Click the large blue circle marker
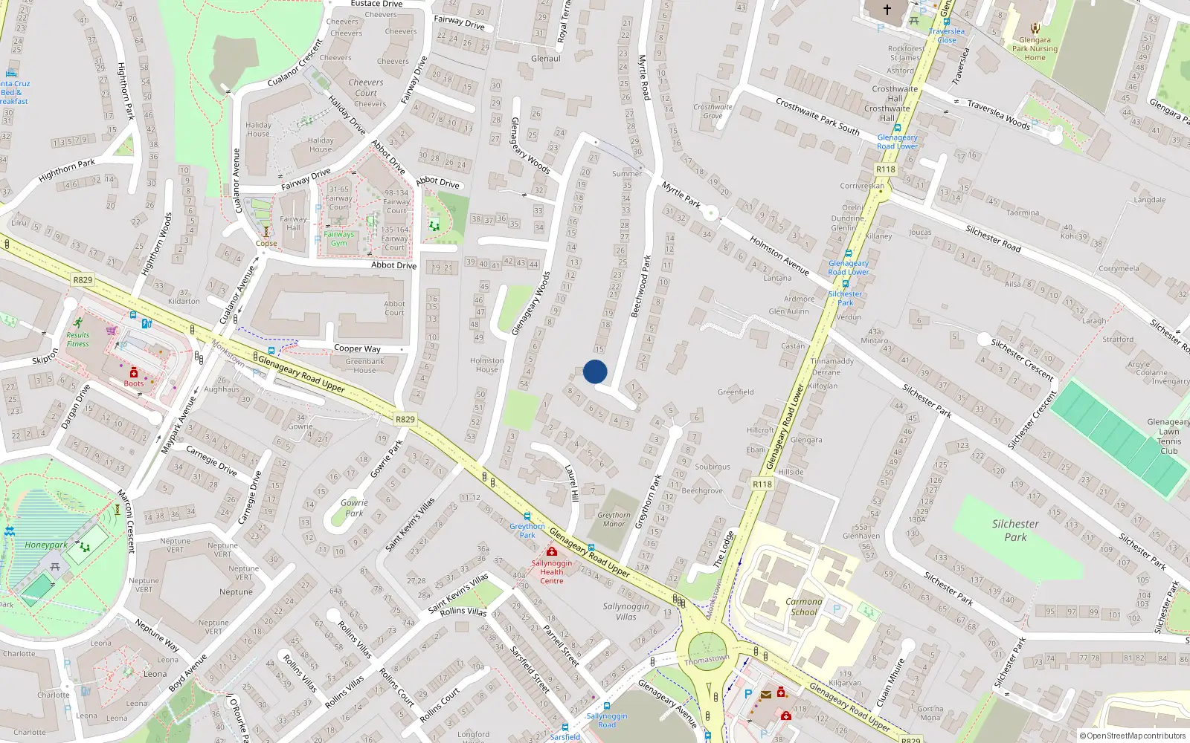tap(595, 371)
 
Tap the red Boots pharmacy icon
tap(134, 373)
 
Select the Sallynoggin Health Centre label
tap(552, 571)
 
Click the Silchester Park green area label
tap(1015, 530)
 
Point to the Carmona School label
tap(804, 607)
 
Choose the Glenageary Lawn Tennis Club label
tap(1168, 436)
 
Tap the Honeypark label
tap(46, 545)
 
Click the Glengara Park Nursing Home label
tap(1035, 49)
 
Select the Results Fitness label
tap(77, 339)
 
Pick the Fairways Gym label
tap(339, 239)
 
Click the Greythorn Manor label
tap(614, 519)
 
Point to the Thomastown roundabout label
tap(707, 660)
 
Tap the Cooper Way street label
tap(357, 348)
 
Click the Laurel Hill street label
tap(572, 484)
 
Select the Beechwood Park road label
tap(640, 287)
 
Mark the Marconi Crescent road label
tap(126, 521)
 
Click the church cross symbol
tap(887, 10)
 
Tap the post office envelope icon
tap(765, 695)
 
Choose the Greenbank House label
tap(364, 366)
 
